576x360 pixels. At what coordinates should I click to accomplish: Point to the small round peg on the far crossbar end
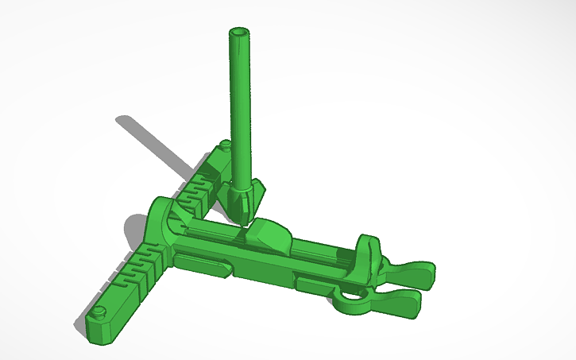[226, 145]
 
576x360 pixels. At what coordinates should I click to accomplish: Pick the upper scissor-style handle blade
[409, 273]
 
